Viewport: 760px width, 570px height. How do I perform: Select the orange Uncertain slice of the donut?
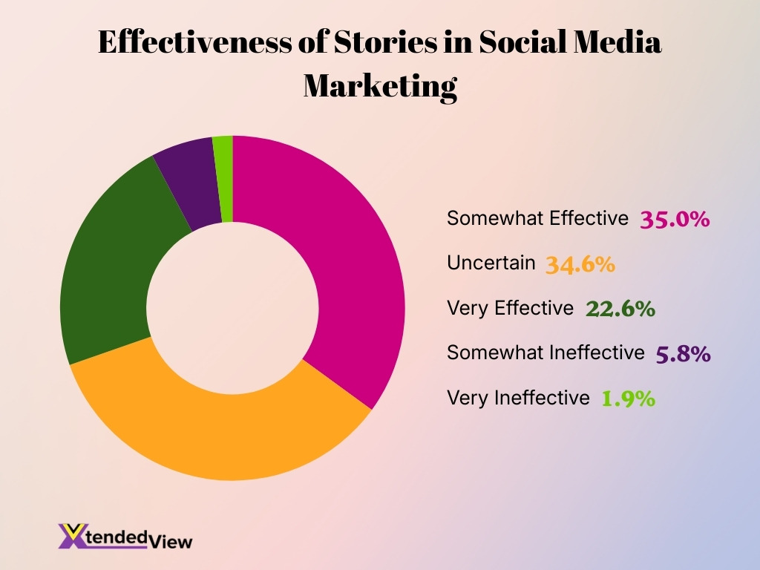(x=223, y=430)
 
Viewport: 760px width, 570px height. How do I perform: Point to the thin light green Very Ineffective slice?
(x=223, y=178)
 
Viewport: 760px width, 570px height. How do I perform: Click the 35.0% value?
(x=675, y=220)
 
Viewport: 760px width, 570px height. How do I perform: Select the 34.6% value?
(x=580, y=264)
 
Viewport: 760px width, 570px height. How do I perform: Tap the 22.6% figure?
(x=620, y=309)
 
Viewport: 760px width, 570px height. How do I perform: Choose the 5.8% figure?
(x=683, y=354)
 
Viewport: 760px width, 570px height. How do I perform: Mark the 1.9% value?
(x=628, y=399)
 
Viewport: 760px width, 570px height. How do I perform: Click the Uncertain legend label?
(x=491, y=263)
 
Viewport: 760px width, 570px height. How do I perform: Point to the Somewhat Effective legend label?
(x=537, y=218)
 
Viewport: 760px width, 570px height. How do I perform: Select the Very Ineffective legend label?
(x=517, y=398)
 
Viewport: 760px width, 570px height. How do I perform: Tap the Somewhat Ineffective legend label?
(x=546, y=353)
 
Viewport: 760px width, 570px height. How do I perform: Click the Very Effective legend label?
(x=510, y=307)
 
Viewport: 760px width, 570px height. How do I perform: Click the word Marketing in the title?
(x=380, y=85)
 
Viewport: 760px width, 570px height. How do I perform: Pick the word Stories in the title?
(x=395, y=43)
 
